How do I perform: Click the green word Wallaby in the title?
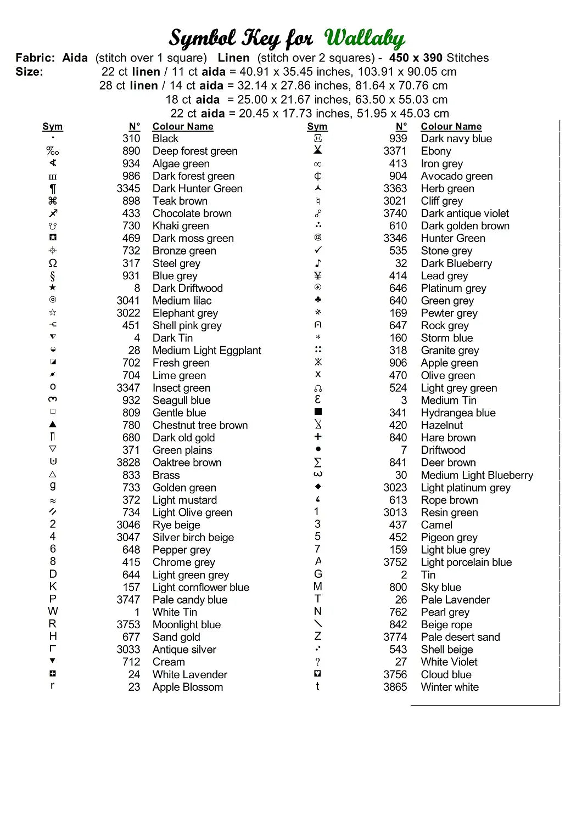tap(365, 38)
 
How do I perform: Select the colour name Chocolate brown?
tap(192, 213)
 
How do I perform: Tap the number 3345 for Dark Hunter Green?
tap(128, 189)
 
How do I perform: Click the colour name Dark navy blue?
tap(456, 139)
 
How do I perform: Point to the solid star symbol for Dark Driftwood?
tap(53, 288)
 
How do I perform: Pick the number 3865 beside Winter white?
tap(395, 687)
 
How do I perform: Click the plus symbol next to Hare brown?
tap(318, 437)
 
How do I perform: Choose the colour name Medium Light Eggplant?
tap(207, 351)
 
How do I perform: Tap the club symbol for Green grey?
tap(318, 300)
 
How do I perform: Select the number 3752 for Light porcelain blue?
tap(395, 562)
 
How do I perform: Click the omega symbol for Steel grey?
tap(53, 263)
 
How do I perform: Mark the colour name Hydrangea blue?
tap(458, 413)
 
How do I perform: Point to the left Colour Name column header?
tap(183, 127)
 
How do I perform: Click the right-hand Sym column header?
tap(317, 127)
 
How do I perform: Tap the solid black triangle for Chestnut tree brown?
tap(53, 424)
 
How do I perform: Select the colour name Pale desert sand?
tap(460, 637)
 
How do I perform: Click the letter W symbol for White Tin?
tap(53, 611)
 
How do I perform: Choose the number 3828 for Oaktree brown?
tap(128, 463)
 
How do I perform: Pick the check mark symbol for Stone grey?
tap(318, 250)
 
